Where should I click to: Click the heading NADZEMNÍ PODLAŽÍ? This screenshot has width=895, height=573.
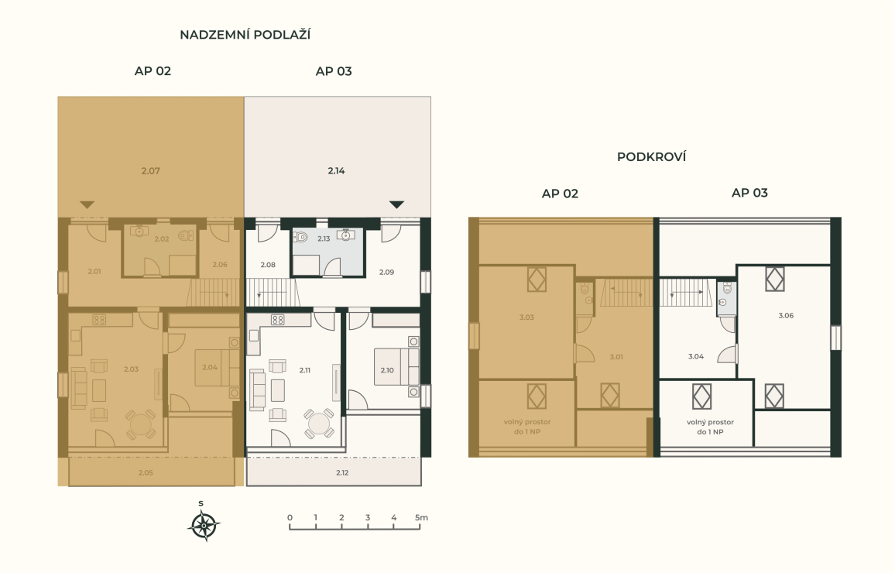pos(245,35)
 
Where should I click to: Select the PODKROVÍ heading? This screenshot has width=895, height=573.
pos(651,157)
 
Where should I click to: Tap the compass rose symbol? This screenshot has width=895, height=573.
pos(204,526)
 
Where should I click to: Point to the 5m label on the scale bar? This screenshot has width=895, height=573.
pos(421,518)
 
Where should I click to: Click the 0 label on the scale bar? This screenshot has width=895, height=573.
pos(290,518)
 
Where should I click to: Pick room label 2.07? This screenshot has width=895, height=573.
pos(151,170)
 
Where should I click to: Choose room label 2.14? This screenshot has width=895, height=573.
pos(336,170)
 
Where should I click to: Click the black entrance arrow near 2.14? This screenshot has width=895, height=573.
pos(396,204)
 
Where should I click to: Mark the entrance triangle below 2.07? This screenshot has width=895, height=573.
pos(87,204)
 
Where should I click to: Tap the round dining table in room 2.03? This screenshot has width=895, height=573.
pos(140,424)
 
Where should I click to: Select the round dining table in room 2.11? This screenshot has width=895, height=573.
pos(318,424)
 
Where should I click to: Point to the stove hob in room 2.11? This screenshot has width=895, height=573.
pos(278,320)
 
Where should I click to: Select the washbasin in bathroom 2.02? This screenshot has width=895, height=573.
pos(139,232)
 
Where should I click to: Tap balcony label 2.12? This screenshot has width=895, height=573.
pos(342,472)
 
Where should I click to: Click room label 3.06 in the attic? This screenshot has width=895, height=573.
pos(786,316)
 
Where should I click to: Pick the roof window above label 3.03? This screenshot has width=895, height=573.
pos(537,280)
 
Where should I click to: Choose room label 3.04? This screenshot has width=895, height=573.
pos(696,357)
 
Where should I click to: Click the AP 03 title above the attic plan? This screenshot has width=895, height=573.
pos(749,193)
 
